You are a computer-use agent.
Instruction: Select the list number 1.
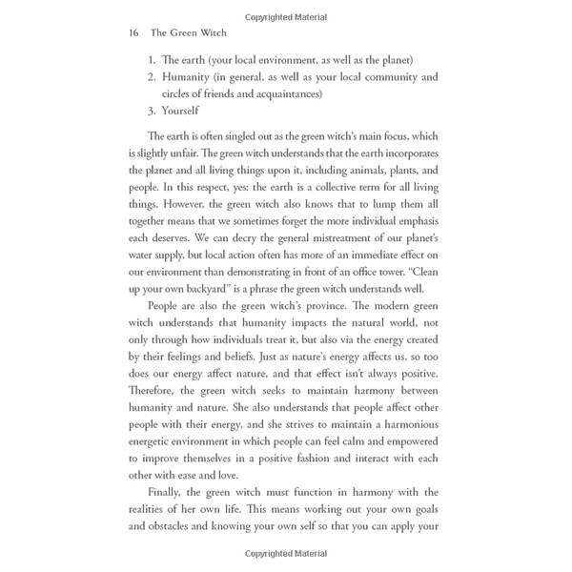point(153,59)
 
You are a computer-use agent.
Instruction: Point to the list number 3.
point(153,111)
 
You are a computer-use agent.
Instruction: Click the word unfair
point(212,152)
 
